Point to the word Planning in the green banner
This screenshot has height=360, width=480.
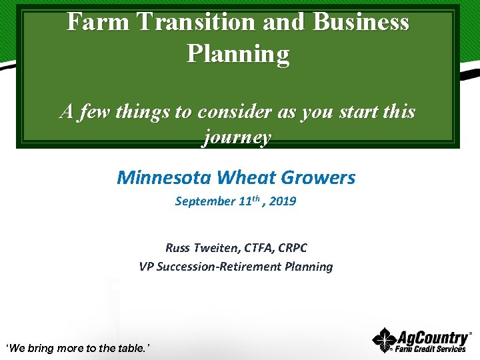(x=238, y=53)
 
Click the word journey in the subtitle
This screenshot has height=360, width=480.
(x=237, y=137)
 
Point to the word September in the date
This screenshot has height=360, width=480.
(x=205, y=201)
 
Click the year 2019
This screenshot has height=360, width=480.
(x=283, y=201)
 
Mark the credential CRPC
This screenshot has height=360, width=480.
(x=293, y=248)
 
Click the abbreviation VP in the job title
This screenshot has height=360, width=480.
(x=147, y=267)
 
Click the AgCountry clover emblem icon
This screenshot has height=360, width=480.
(x=384, y=340)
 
